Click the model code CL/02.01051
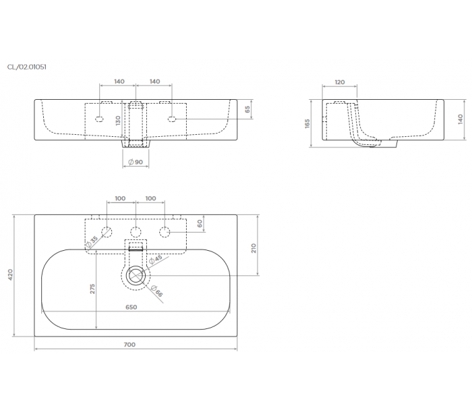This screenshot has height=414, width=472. pyautogui.click(x=27, y=67)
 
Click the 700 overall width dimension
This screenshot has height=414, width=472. pyautogui.click(x=129, y=345)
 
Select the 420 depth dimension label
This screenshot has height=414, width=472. pyautogui.click(x=10, y=274)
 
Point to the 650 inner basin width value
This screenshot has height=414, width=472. pyautogui.click(x=131, y=307)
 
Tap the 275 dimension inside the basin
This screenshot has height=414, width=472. pyautogui.click(x=92, y=289)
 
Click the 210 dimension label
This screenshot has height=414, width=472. pyautogui.click(x=254, y=248)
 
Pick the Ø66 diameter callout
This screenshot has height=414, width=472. pyautogui.click(x=157, y=291)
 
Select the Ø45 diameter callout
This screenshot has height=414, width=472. pyautogui.click(x=156, y=259)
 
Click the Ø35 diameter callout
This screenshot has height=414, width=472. pyautogui.click(x=92, y=242)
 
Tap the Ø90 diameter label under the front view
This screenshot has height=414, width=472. pyautogui.click(x=136, y=162)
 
